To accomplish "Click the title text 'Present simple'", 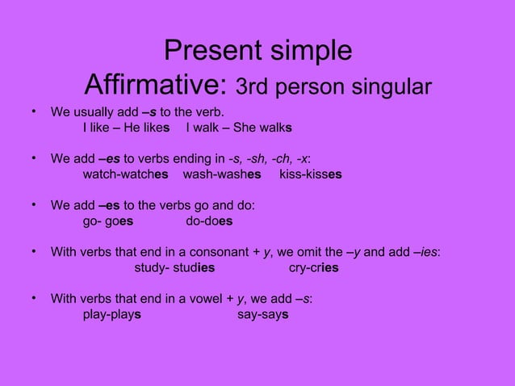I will click(257, 50).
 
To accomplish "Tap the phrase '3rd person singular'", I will click(333, 85).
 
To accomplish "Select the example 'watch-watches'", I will click(126, 174).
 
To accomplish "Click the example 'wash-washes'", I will click(222, 174).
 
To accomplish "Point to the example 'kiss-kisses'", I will click(310, 174).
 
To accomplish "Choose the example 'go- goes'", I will click(109, 220).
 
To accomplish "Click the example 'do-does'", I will click(209, 220).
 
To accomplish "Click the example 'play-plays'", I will click(113, 314).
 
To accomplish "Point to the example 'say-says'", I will click(262, 314).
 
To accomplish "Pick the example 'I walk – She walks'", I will click(238, 128).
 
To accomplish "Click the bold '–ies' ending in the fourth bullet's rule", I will click(425, 252).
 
